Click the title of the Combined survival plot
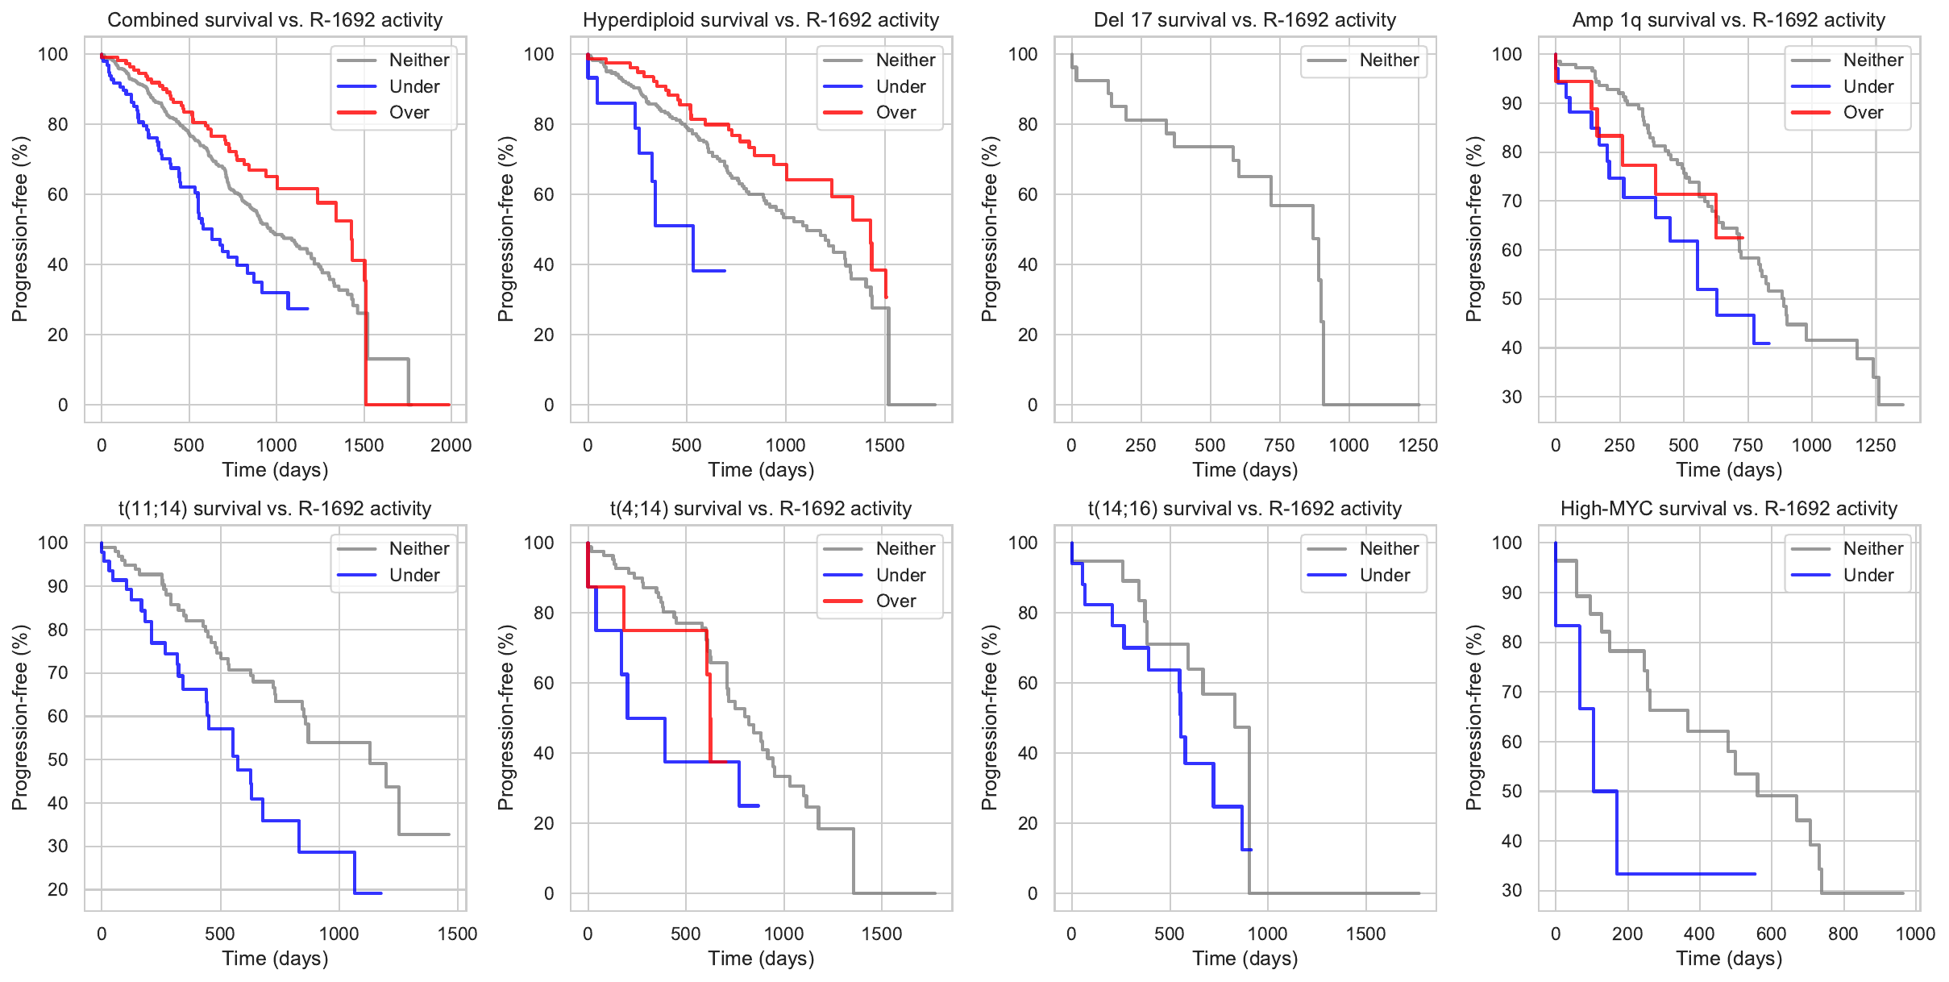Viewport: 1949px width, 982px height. pos(275,20)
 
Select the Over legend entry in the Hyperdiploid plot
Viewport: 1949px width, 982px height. pos(896,113)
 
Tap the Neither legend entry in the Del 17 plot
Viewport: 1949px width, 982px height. pos(1389,60)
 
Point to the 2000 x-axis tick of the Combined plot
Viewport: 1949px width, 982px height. pos(451,446)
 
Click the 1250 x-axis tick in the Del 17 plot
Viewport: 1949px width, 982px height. pos(1418,446)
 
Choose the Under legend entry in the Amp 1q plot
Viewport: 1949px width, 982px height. pos(1868,87)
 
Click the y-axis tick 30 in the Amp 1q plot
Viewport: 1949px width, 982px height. pos(1511,397)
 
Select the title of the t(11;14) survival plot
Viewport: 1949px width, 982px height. pos(275,509)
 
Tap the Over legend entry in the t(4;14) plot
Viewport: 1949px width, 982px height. pos(896,601)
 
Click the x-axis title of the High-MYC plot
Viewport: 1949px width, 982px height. pos(1729,959)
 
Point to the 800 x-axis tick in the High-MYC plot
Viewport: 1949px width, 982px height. pos(1843,934)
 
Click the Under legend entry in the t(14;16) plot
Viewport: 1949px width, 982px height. pos(1384,576)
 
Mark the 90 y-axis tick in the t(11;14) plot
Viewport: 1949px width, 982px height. pos(58,587)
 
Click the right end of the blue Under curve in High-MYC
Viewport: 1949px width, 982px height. pos(1755,874)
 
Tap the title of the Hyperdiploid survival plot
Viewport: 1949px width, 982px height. pos(761,20)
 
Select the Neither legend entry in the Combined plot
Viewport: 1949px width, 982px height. pos(418,60)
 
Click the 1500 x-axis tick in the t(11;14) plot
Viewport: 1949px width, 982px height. pos(457,934)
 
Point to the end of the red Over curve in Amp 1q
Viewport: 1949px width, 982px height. pos(1743,238)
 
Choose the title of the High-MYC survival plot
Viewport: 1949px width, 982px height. pos(1729,509)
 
